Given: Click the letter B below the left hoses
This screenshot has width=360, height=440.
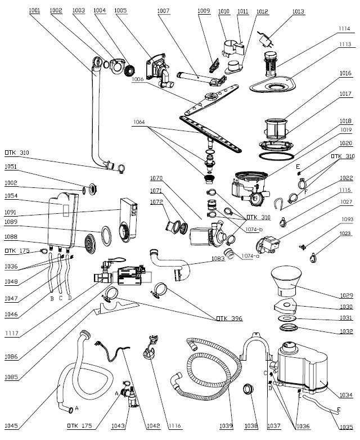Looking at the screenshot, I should (52, 298).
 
